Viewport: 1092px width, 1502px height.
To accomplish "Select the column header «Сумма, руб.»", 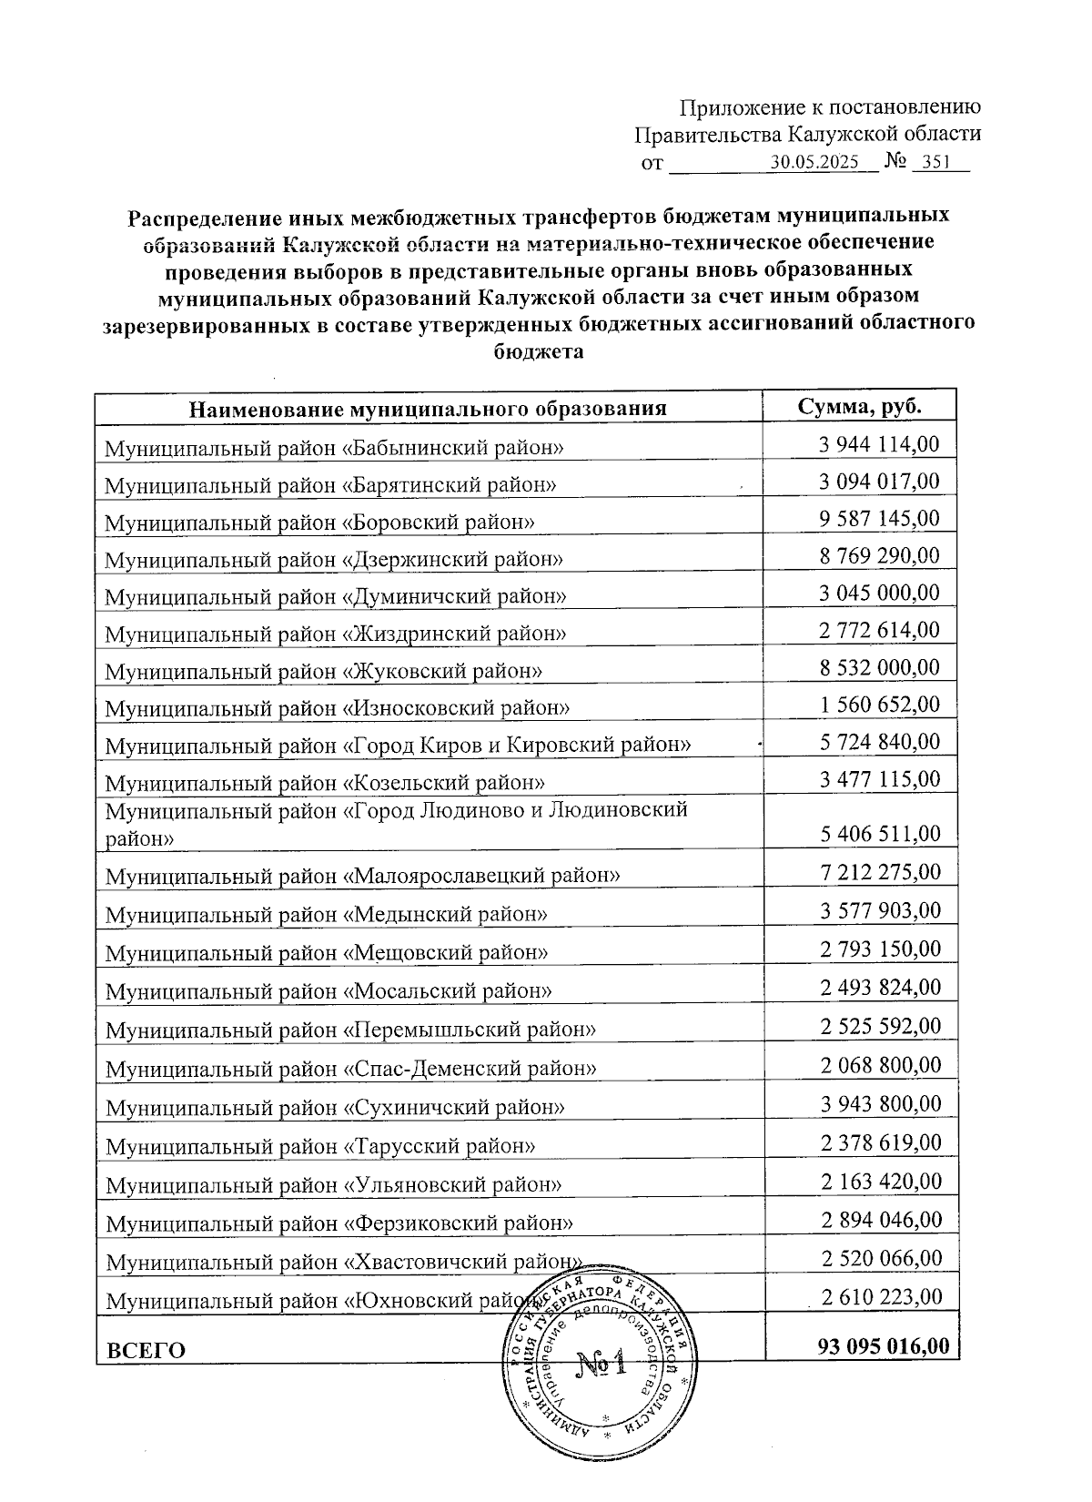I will pos(859,406).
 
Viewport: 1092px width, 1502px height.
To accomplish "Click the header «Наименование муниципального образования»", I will pos(428,409).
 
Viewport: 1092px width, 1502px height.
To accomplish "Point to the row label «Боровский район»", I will pos(319,522).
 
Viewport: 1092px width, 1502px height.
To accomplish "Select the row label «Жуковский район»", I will pos(324,671).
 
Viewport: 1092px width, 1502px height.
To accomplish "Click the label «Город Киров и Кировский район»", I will pos(399,746).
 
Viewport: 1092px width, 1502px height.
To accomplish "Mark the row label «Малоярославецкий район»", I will pos(363,876).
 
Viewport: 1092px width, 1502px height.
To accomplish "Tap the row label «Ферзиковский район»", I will pos(339,1223).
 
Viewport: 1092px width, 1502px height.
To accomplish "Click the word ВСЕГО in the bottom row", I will pos(146,1351).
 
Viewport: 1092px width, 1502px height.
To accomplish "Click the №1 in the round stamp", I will pos(602,1365).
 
